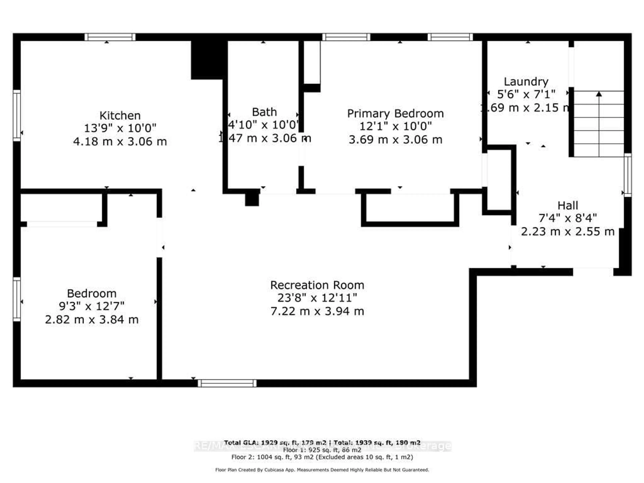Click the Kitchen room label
click(x=120, y=116)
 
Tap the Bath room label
click(x=264, y=112)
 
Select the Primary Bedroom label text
click(x=395, y=114)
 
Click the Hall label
click(x=567, y=206)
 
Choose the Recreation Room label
click(x=317, y=285)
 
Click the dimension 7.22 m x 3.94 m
click(x=317, y=311)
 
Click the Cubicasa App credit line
click(x=322, y=470)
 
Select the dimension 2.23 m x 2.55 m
click(x=567, y=232)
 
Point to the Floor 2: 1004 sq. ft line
click(x=322, y=457)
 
